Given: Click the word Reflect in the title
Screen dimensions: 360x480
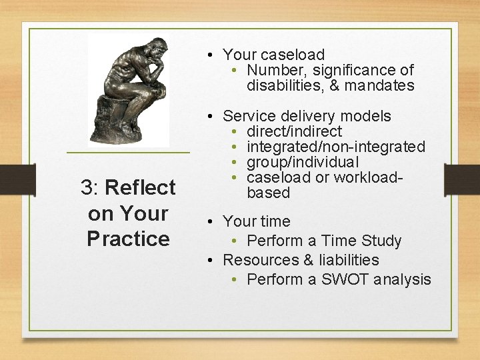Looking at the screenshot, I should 140,187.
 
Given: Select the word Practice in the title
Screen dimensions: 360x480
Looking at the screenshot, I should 128,239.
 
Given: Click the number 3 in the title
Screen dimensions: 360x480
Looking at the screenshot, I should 87,187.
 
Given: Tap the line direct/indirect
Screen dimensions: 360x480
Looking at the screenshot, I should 294,131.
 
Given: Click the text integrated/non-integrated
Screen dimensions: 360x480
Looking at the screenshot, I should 335,147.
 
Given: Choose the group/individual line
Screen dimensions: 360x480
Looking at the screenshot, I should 303,162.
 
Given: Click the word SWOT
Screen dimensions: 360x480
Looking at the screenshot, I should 345,279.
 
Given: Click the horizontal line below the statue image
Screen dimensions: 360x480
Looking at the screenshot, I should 128,153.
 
